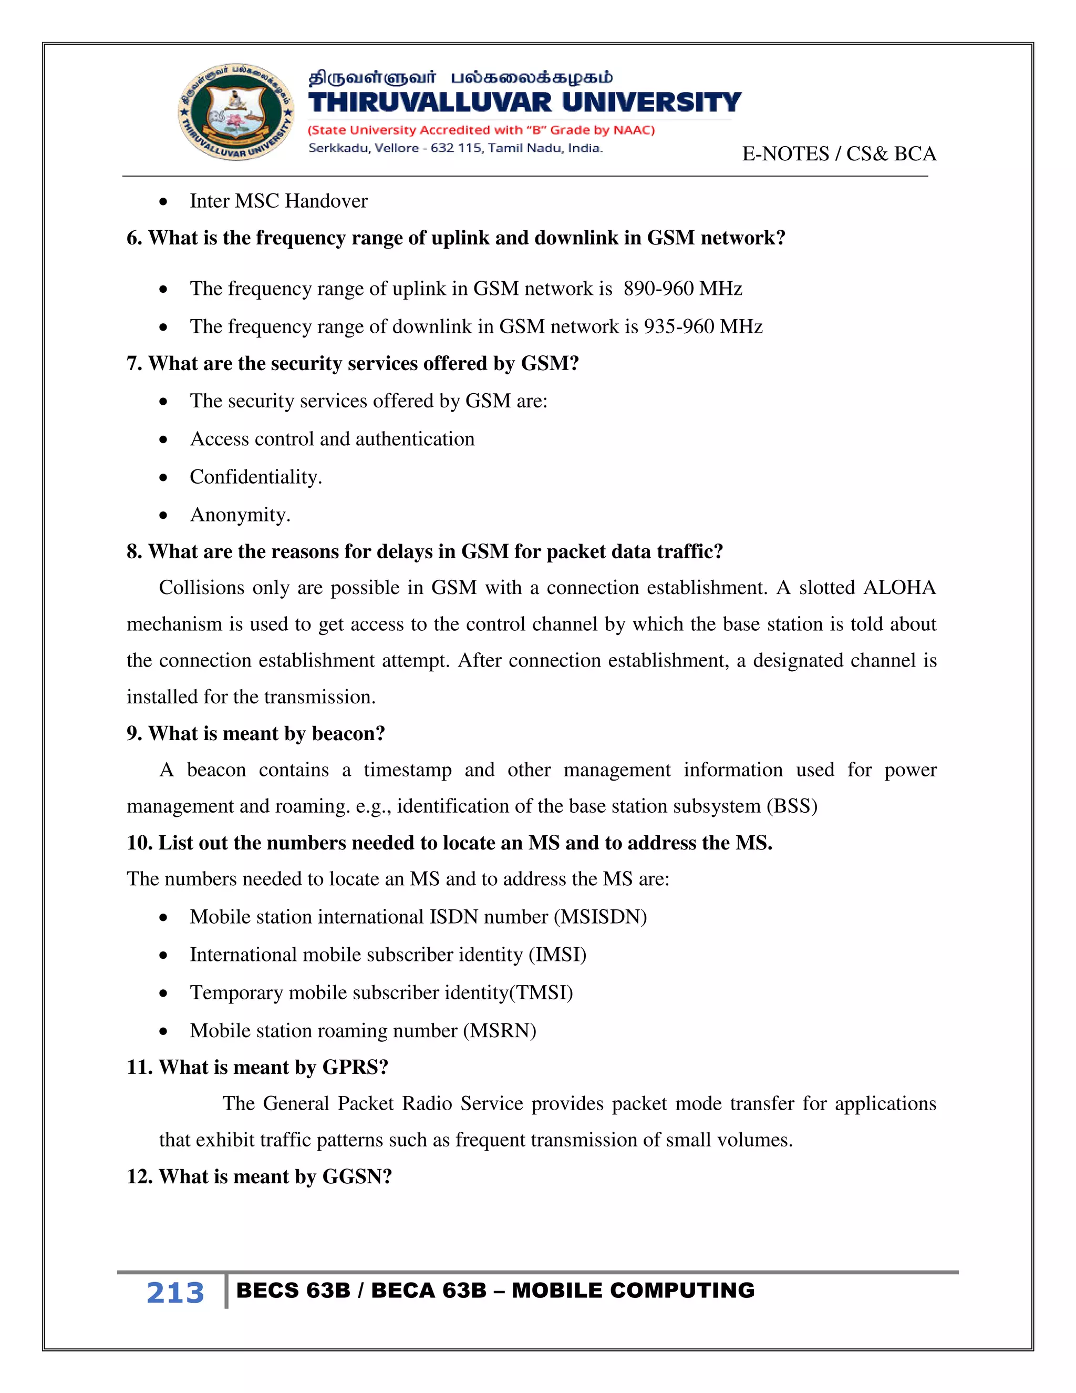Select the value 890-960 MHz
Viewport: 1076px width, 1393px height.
pyautogui.click(x=682, y=289)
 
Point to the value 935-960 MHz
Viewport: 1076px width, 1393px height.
pyautogui.click(x=702, y=326)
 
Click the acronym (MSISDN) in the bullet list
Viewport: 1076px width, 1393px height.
pyautogui.click(x=600, y=917)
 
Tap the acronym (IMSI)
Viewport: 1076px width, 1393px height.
pyautogui.click(x=557, y=954)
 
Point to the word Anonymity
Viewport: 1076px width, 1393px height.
pyautogui.click(x=240, y=515)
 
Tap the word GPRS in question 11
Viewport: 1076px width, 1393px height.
pyautogui.click(x=355, y=1067)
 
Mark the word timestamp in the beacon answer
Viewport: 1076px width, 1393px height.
pyautogui.click(x=407, y=770)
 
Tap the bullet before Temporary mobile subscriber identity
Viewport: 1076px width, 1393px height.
pyautogui.click(x=164, y=993)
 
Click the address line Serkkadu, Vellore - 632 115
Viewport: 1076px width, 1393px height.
pyautogui.click(x=455, y=148)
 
